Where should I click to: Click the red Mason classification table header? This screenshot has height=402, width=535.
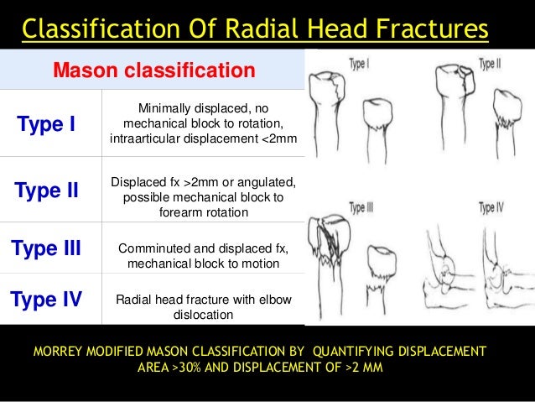pyautogui.click(x=154, y=70)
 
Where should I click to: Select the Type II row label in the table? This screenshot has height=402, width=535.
pyautogui.click(x=46, y=190)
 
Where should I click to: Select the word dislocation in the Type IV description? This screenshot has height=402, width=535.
pyautogui.click(x=204, y=316)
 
